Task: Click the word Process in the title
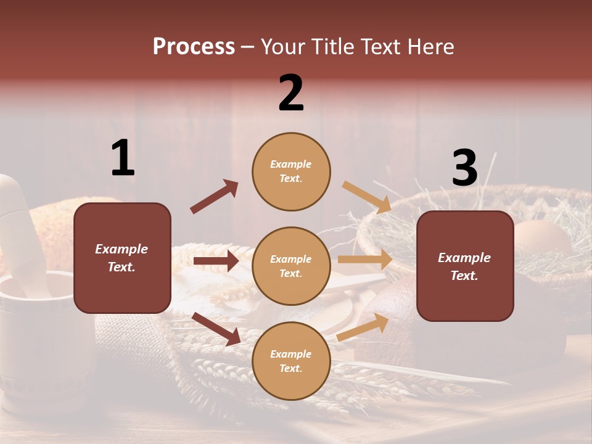point(194,47)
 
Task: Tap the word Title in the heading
point(331,47)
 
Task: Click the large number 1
point(123,158)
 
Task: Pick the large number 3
point(464,168)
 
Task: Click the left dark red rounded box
point(122,258)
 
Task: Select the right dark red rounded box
point(465,266)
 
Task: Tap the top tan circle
point(291,171)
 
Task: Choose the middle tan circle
point(291,266)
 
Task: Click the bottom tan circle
point(291,361)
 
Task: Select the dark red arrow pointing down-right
point(216,329)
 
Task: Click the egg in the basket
point(543,237)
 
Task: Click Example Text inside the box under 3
point(464,266)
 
